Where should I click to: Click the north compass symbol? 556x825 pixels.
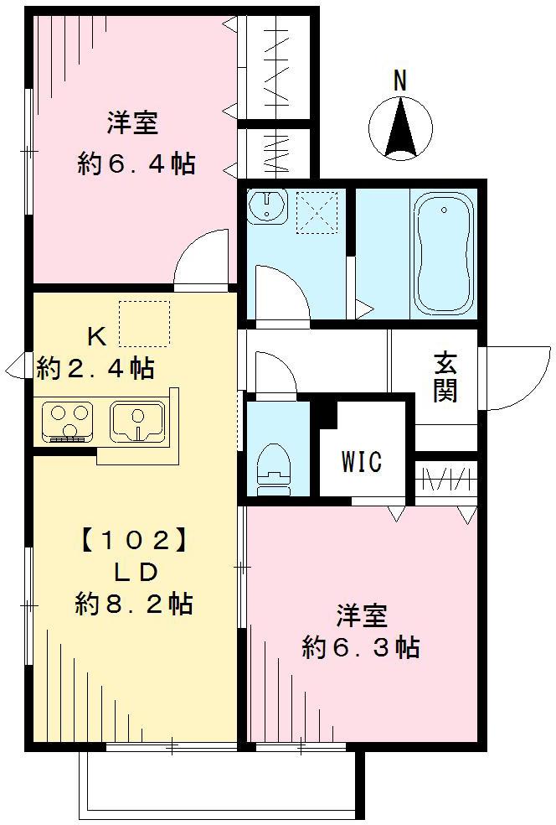401,128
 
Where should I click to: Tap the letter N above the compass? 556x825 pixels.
400,81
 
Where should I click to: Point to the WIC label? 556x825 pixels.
362,461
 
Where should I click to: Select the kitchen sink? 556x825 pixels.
138,420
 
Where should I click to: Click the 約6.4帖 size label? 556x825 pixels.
136,164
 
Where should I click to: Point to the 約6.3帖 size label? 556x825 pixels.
361,647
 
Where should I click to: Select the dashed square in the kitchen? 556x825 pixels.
144,324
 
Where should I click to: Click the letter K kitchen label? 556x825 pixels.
97,337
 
